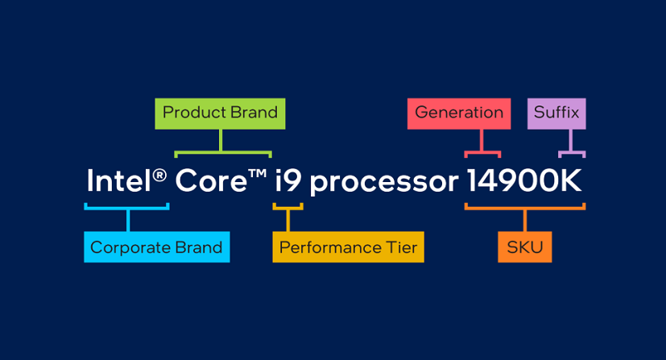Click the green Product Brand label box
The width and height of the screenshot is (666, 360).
(220, 114)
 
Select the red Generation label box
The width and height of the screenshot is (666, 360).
(459, 114)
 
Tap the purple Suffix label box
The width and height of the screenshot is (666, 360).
(556, 114)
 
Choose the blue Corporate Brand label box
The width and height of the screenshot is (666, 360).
(157, 247)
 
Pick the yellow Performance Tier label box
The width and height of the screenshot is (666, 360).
(348, 247)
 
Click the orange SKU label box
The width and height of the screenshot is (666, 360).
(525, 247)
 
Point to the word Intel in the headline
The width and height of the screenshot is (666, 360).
(119, 180)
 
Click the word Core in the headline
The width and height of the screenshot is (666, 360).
(211, 181)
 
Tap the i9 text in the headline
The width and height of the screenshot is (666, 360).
(288, 180)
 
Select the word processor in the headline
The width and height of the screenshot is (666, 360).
(384, 183)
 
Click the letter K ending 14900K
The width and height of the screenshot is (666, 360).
(569, 180)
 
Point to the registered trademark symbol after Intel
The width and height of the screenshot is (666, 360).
(159, 175)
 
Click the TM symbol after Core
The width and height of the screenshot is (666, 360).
(258, 174)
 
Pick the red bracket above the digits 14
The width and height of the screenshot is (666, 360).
(482, 151)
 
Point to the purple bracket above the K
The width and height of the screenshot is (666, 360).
(571, 151)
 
